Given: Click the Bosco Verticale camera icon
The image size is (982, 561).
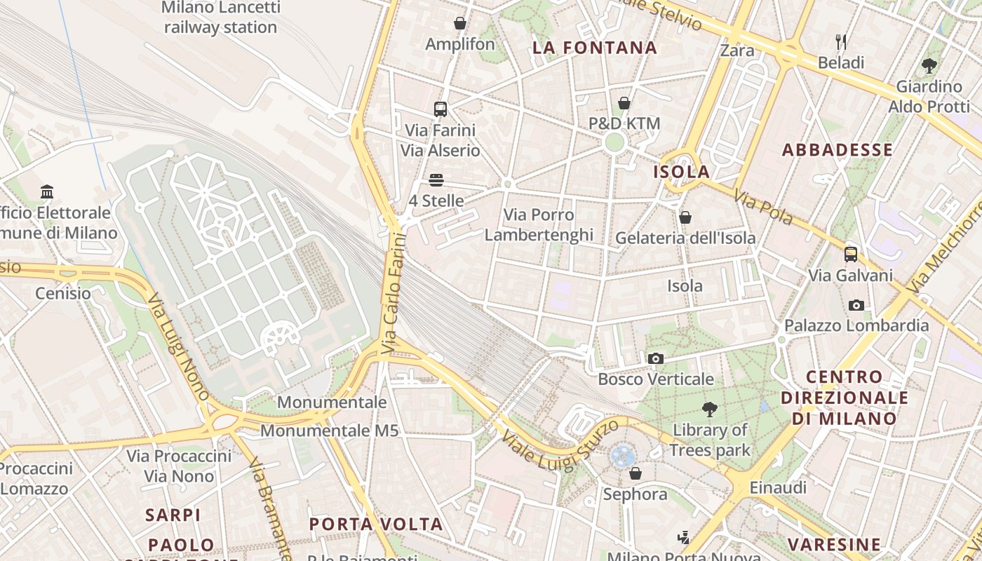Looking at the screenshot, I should tap(656, 359).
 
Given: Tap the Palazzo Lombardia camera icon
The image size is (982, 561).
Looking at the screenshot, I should tap(856, 305).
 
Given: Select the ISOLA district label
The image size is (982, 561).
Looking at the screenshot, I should tap(681, 172).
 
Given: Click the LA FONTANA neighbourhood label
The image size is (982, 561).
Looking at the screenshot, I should tap(594, 48).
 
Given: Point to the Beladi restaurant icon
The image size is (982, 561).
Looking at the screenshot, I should tap(841, 42).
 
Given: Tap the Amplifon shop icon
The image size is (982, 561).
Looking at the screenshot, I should tap(460, 23).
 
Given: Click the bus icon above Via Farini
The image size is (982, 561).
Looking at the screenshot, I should tap(440, 109).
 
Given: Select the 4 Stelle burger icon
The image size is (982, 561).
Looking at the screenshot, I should tap(436, 180).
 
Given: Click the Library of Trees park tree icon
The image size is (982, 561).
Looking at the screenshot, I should tap(710, 409).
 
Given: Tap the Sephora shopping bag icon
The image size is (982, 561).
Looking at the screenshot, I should tap(635, 473).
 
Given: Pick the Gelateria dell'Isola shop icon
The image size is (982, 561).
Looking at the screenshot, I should tap(685, 217).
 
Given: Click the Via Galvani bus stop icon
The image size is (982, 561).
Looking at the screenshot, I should tap(851, 254).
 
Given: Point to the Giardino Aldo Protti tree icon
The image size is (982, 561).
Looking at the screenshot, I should tap(929, 66).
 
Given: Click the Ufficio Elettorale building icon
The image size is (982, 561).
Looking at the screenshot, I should tap(47, 191).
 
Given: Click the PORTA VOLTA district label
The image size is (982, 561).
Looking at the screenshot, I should tap(376, 524).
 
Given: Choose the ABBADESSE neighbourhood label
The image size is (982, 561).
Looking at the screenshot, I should tap(837, 150).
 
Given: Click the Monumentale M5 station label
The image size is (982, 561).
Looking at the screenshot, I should tap(329, 431).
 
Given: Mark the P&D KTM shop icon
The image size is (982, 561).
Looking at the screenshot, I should tap(624, 103).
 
